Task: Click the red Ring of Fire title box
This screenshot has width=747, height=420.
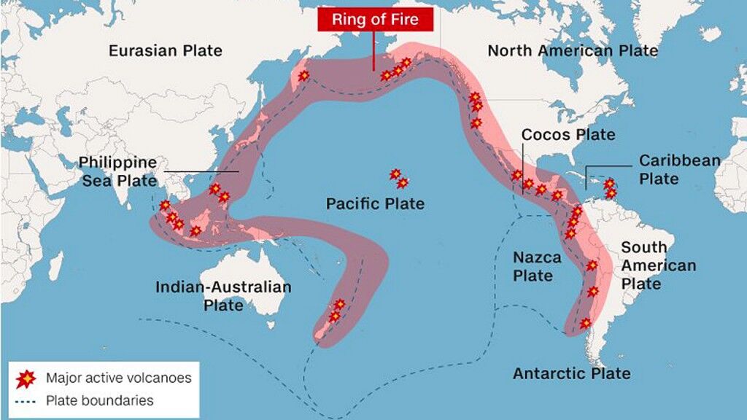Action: point(375,19)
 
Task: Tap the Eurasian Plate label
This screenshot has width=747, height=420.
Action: point(166,50)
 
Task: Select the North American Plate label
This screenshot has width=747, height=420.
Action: point(573,50)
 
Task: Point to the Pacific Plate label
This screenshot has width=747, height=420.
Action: point(375,203)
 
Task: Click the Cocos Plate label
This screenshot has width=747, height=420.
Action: point(568,135)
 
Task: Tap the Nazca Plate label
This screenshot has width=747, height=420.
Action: point(537,266)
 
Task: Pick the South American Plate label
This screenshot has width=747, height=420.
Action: point(658,265)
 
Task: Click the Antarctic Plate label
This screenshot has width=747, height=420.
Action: point(571,373)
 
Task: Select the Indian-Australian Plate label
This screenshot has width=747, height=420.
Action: point(223,295)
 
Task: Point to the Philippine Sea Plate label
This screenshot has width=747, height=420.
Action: point(117,171)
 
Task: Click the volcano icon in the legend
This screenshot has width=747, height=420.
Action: point(26,378)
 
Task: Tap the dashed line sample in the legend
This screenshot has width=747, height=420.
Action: point(26,400)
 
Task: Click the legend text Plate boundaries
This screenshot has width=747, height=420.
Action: point(99,400)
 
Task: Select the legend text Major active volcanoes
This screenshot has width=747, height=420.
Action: point(118,378)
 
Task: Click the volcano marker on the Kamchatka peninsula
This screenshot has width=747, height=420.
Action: point(303,75)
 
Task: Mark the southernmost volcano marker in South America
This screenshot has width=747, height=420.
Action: point(585,322)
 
